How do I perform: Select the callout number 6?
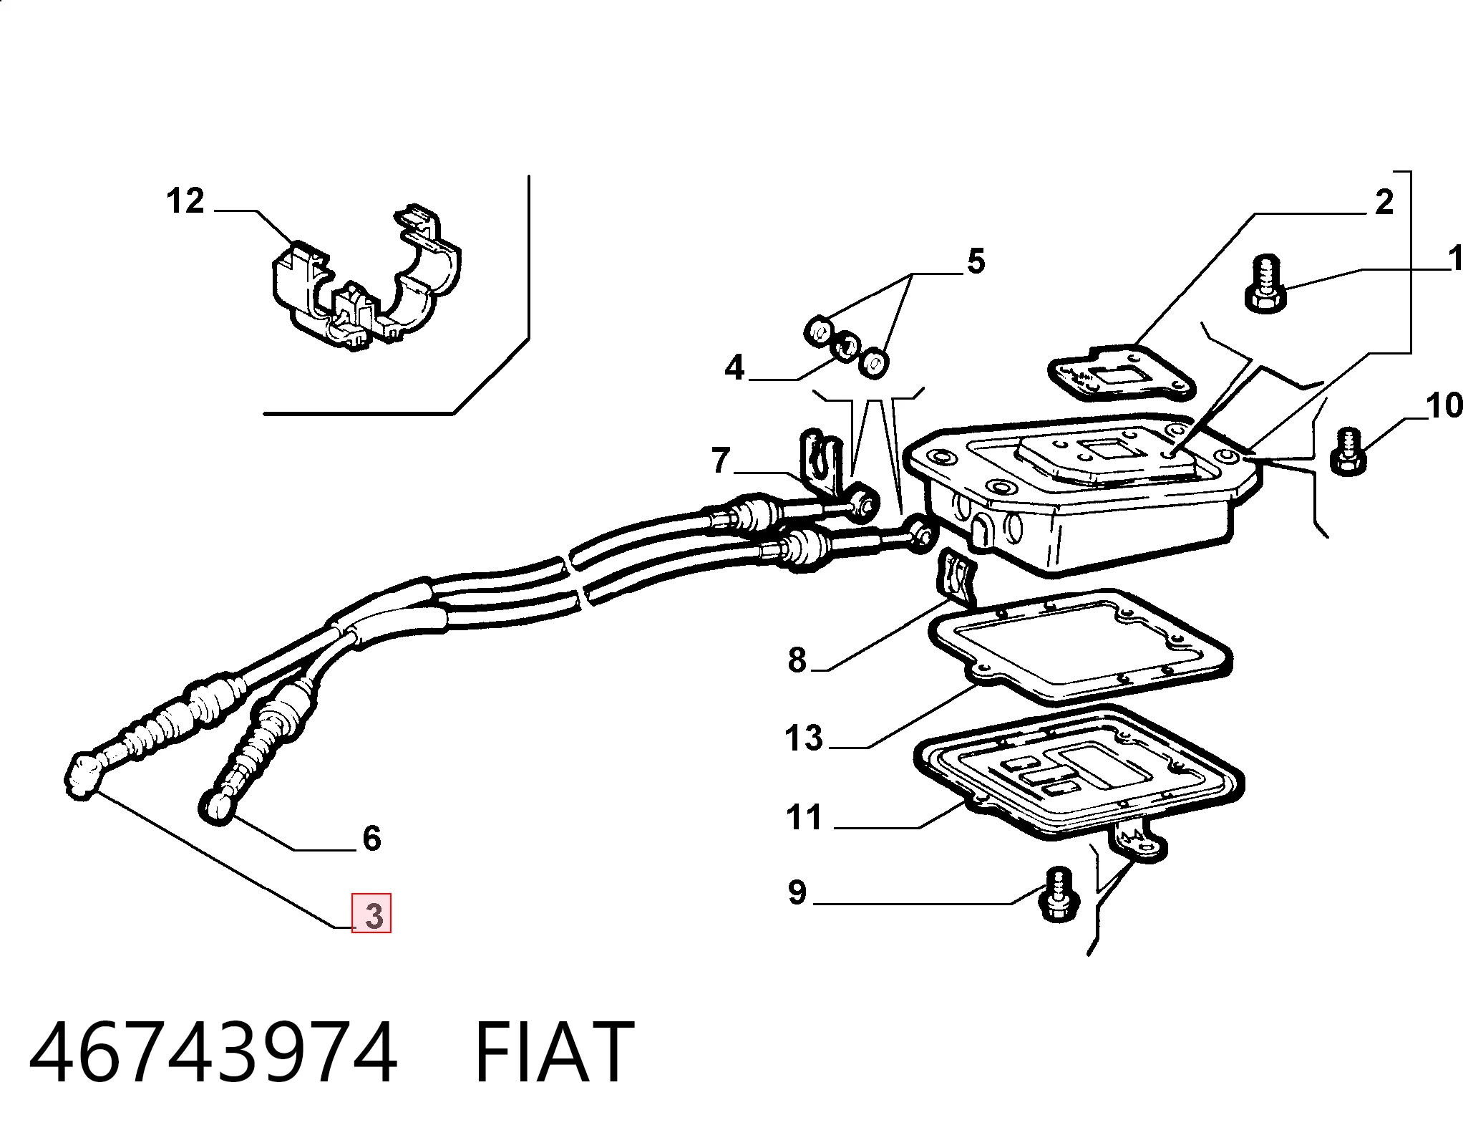point(371,837)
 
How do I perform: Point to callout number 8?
point(797,660)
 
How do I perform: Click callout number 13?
point(803,738)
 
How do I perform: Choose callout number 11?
point(804,817)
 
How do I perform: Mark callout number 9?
point(797,892)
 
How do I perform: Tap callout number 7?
point(721,460)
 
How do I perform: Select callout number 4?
point(734,367)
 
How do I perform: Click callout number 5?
point(976,261)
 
